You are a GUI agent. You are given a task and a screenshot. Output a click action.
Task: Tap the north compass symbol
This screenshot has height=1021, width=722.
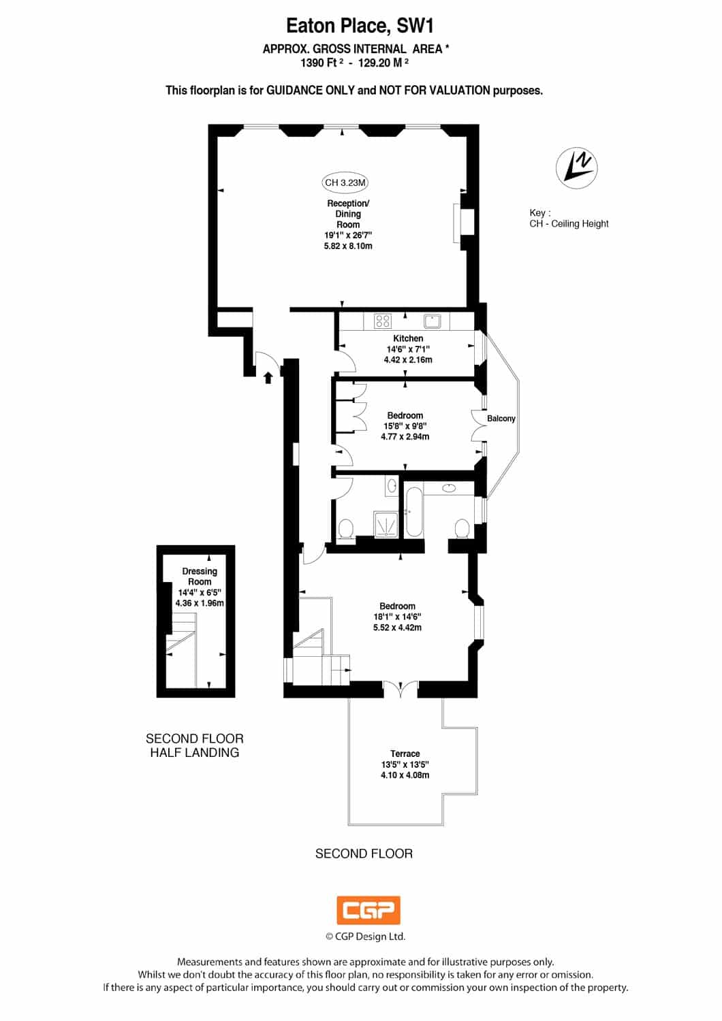[576, 168]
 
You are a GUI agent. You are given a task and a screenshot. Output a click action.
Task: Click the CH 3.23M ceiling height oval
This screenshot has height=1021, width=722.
[345, 183]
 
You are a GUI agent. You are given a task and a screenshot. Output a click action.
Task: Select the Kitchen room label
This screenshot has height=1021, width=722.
[408, 338]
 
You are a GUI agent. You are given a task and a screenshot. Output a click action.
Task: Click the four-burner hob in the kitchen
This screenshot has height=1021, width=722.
[382, 321]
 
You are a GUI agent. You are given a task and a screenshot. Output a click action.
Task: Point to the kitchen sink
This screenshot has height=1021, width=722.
[431, 321]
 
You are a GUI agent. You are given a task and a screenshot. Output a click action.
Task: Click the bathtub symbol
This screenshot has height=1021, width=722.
[414, 511]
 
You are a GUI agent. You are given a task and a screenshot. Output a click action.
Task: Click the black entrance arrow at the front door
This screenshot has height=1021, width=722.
[268, 377]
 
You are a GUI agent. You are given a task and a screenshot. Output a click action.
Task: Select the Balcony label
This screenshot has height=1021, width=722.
[501, 419]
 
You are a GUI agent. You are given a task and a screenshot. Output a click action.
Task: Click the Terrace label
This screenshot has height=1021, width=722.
[405, 753]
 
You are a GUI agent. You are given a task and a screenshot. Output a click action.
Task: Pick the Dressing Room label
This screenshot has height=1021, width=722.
[200, 576]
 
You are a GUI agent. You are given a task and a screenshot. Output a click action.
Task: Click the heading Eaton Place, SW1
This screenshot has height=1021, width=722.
[360, 26]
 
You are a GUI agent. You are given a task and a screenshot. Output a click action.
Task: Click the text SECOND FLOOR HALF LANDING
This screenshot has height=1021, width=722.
[195, 745]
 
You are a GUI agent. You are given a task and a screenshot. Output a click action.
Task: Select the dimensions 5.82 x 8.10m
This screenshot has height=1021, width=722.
[348, 246]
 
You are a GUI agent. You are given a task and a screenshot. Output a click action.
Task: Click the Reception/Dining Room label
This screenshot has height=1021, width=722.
[348, 214]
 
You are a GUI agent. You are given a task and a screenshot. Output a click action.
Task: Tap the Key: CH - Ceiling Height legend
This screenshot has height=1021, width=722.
[569, 218]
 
